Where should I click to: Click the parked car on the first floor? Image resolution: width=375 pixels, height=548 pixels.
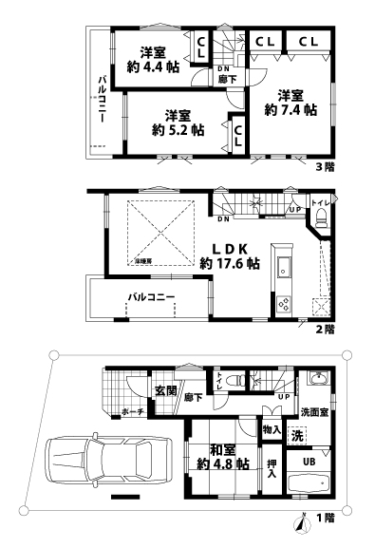pyautogui.click(x=101, y=463)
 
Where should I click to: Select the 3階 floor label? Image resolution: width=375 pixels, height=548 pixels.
pyautogui.click(x=325, y=167)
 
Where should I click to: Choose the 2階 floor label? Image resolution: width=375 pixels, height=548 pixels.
pyautogui.click(x=325, y=330)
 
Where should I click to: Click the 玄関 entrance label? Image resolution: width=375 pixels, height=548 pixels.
pyautogui.click(x=166, y=390)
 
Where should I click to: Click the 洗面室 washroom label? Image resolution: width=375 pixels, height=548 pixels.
pyautogui.click(x=313, y=412)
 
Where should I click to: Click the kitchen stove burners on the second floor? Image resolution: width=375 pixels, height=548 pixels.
pyautogui.click(x=283, y=304)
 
